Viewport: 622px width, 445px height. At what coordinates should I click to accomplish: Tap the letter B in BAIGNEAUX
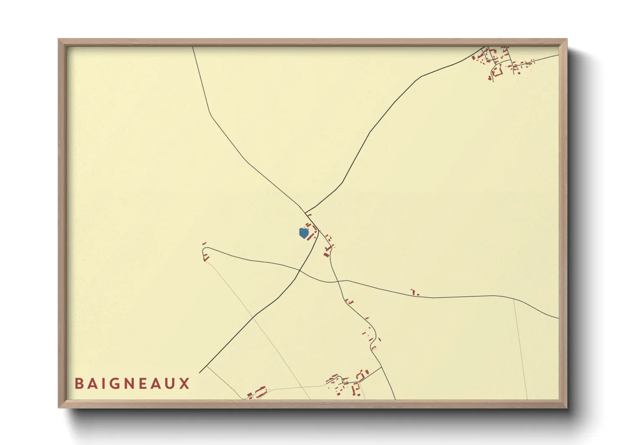click(79, 384)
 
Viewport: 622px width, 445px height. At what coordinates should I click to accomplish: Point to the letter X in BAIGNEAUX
click(185, 384)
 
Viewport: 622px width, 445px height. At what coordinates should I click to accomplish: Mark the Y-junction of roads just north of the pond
click(305, 212)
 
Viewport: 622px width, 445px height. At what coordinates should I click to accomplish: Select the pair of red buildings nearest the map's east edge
click(415, 293)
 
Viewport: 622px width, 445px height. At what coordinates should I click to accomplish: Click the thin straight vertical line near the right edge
click(520, 349)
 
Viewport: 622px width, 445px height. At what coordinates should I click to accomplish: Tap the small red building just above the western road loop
click(204, 244)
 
